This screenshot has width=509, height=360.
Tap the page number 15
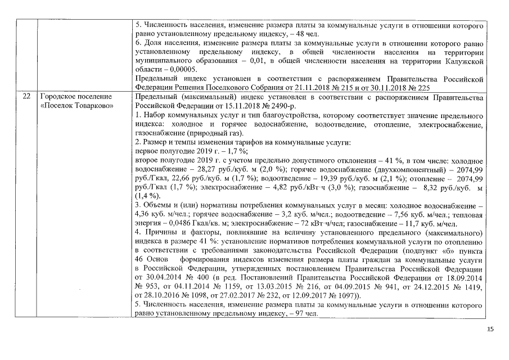[490, 330]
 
